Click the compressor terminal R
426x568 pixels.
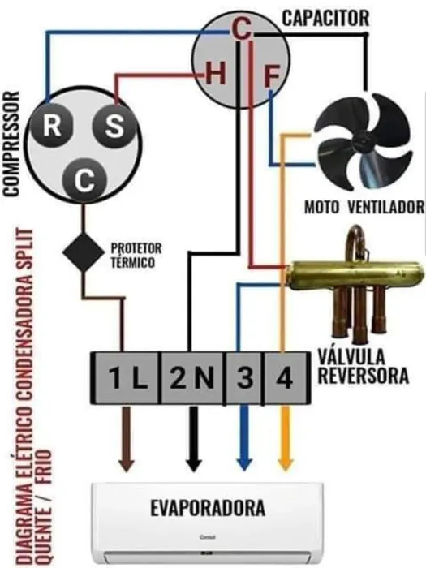(51, 126)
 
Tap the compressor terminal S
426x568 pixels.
(114, 126)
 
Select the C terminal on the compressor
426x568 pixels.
(84, 180)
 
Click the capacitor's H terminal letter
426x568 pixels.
(216, 74)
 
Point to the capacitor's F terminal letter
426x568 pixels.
(272, 76)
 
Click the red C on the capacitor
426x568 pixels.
(241, 29)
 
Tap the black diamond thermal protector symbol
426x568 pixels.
(84, 252)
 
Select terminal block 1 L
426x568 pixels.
(126, 378)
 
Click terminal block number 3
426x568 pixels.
(244, 378)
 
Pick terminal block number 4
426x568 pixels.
(285, 378)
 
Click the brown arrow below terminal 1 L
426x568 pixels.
(126, 439)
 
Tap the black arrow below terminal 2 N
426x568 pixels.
(194, 439)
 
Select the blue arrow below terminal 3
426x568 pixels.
(244, 438)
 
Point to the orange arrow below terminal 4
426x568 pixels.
(286, 438)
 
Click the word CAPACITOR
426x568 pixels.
(325, 18)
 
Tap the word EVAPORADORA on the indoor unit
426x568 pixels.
(208, 508)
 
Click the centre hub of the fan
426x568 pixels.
(364, 141)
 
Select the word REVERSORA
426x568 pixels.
(364, 376)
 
